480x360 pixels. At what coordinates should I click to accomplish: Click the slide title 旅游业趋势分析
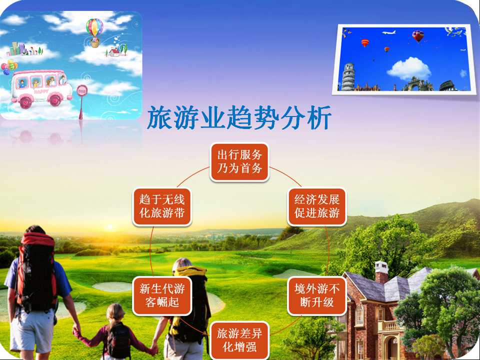click(x=239, y=117)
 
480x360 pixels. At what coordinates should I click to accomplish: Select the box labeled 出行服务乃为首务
click(x=239, y=162)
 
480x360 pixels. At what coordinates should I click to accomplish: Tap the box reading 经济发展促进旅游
click(x=317, y=206)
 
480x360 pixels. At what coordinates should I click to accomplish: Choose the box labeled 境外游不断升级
click(x=317, y=296)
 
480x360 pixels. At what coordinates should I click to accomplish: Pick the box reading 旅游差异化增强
click(x=239, y=340)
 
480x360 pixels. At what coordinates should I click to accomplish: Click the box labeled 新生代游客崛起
click(x=162, y=296)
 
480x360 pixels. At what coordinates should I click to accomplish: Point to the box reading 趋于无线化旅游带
click(x=162, y=206)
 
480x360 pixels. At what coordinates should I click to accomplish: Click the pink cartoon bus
click(x=41, y=89)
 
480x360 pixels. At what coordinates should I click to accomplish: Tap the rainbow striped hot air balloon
click(x=94, y=33)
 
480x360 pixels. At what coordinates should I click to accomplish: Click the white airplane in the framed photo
click(x=389, y=32)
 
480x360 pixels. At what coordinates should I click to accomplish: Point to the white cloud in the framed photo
click(x=409, y=68)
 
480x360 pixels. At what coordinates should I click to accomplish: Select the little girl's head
click(x=115, y=313)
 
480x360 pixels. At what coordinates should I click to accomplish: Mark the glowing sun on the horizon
click(x=109, y=227)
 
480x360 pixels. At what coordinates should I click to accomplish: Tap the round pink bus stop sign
click(x=82, y=90)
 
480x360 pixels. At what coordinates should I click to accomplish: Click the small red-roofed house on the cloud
click(x=114, y=52)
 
